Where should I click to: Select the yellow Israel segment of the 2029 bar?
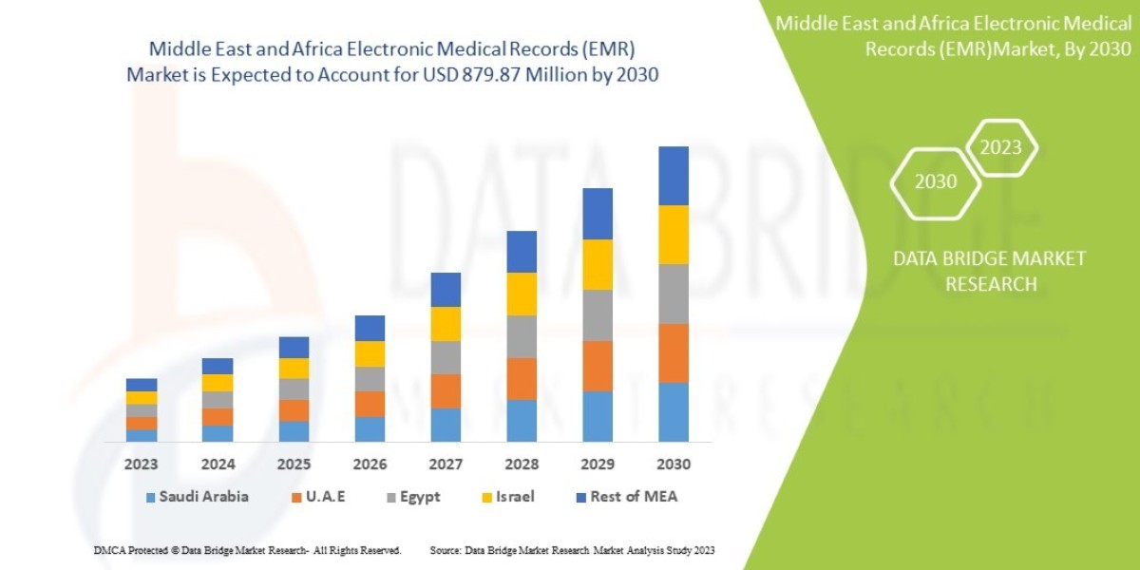(x=598, y=264)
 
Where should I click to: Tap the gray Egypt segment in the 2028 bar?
(x=522, y=336)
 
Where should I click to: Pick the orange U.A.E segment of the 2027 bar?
(x=446, y=390)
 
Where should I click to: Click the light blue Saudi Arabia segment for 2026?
(x=370, y=428)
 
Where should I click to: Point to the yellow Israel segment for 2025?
(x=294, y=368)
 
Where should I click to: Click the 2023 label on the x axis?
(x=142, y=465)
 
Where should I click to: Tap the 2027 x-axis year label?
(x=446, y=465)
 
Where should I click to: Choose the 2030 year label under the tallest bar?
(x=674, y=465)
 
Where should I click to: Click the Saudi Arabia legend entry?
(x=196, y=497)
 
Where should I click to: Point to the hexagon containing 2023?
(x=1000, y=147)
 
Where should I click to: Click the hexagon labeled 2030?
(x=936, y=182)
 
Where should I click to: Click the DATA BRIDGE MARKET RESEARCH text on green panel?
(x=991, y=271)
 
